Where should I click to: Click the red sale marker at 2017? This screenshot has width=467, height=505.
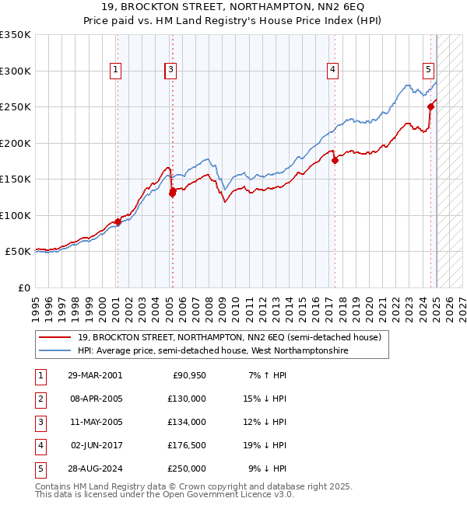click(335, 161)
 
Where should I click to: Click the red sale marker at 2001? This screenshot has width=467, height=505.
click(118, 221)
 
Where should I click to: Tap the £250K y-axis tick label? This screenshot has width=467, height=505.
click(16, 107)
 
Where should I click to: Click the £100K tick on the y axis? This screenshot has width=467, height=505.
click(16, 215)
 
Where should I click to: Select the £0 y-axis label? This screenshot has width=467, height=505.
click(23, 287)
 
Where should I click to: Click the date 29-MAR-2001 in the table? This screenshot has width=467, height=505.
click(94, 376)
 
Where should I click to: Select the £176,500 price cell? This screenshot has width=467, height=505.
click(187, 446)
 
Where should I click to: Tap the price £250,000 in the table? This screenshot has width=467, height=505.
click(187, 469)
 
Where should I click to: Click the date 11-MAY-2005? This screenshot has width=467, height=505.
click(94, 423)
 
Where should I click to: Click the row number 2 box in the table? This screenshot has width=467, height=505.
click(39, 399)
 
